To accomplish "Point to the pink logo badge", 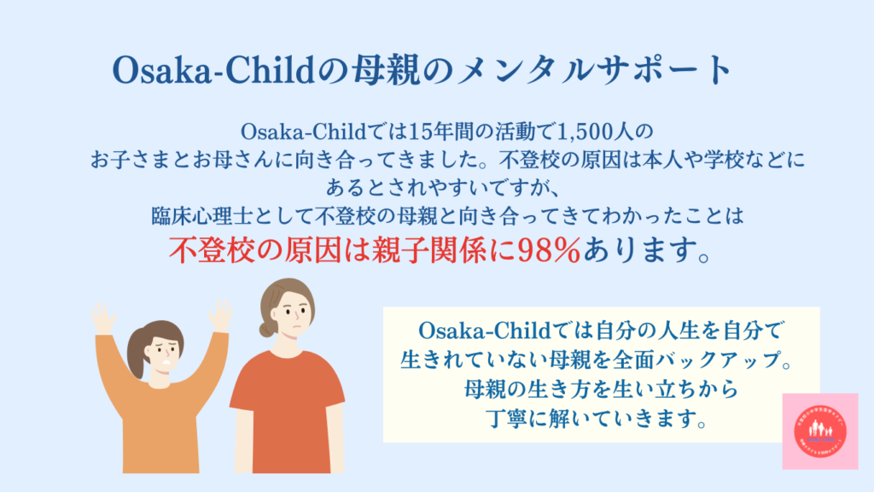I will point(819,430).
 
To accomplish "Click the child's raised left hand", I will point(220,314).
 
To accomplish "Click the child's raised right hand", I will point(103,317).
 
